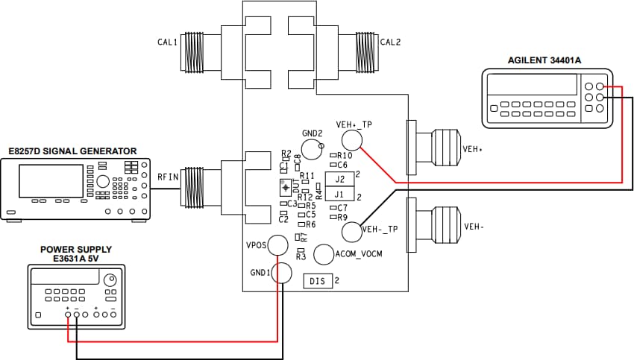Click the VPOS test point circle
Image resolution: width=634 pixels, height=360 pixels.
(278, 244)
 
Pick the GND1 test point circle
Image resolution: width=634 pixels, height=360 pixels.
(282, 273)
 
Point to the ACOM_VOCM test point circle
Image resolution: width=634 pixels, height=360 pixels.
(323, 254)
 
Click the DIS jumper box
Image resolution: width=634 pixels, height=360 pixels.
(318, 281)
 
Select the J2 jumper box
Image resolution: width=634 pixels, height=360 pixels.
(339, 179)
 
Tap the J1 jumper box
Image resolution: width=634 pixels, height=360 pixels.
(339, 195)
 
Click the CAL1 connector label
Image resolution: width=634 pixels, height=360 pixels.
(167, 43)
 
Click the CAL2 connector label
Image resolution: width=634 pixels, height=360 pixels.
(390, 42)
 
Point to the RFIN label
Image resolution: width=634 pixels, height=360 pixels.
(167, 177)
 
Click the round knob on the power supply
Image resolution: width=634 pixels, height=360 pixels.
(110, 280)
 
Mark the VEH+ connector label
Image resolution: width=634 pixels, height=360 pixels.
(473, 149)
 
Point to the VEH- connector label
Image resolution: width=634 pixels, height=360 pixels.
(474, 227)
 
